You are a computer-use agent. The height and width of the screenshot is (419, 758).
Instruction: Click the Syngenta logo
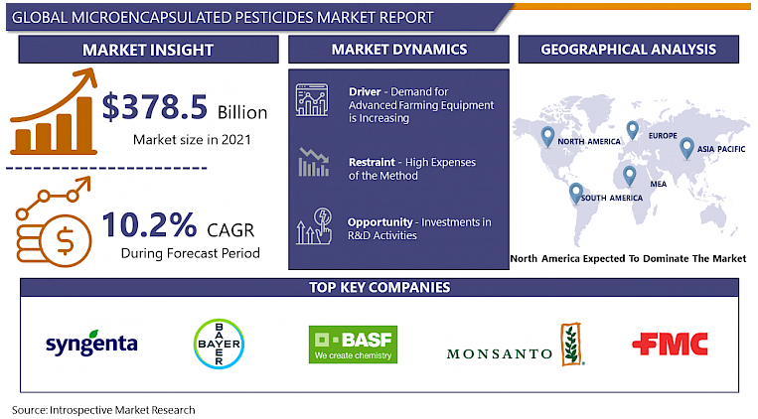coord(91,344)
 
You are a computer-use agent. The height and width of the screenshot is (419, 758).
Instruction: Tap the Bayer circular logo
coord(217,344)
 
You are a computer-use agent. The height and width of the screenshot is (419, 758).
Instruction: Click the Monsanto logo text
coord(500,352)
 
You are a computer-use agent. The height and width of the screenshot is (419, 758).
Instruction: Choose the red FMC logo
coord(671,344)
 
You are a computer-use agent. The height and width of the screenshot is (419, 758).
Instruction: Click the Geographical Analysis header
coord(628,50)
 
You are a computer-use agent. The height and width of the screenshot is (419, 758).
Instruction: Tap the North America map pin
coord(545,136)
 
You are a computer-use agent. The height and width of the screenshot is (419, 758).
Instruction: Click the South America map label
coord(612,199)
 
